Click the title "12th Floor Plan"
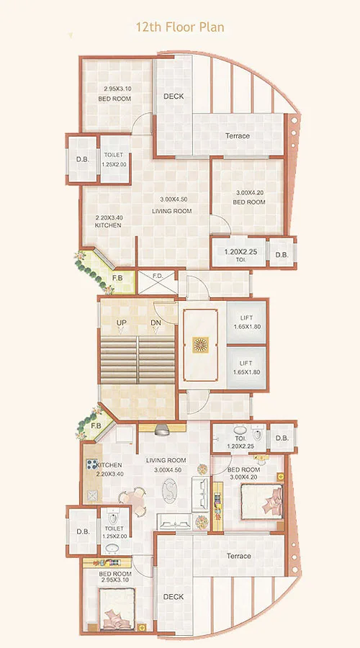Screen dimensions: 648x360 click(180, 27)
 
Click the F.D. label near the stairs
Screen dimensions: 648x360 click(158, 277)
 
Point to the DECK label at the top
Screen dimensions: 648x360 click(173, 96)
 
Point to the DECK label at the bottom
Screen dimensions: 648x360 click(173, 597)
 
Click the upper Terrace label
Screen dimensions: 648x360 click(237, 136)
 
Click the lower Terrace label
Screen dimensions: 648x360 click(238, 556)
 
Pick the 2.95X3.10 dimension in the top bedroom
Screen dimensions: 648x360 click(115, 89)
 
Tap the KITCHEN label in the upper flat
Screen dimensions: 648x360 click(108, 225)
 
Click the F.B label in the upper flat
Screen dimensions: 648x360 click(117, 279)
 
